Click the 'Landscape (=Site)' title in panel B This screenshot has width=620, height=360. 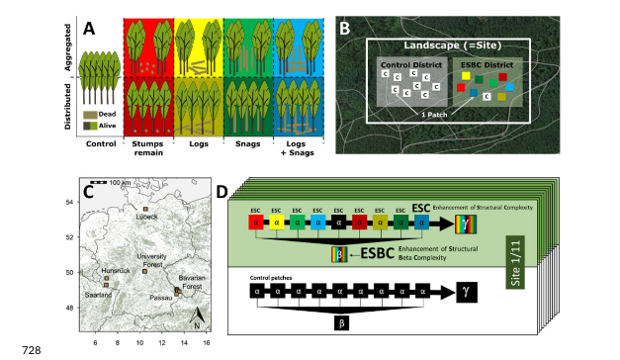(x=450, y=47)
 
